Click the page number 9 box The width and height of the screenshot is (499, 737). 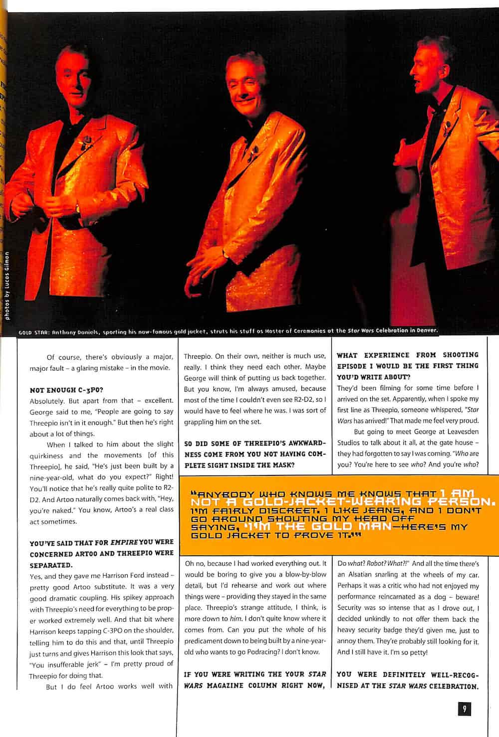pyautogui.click(x=464, y=709)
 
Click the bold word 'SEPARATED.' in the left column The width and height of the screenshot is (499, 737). pyautogui.click(x=51, y=565)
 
